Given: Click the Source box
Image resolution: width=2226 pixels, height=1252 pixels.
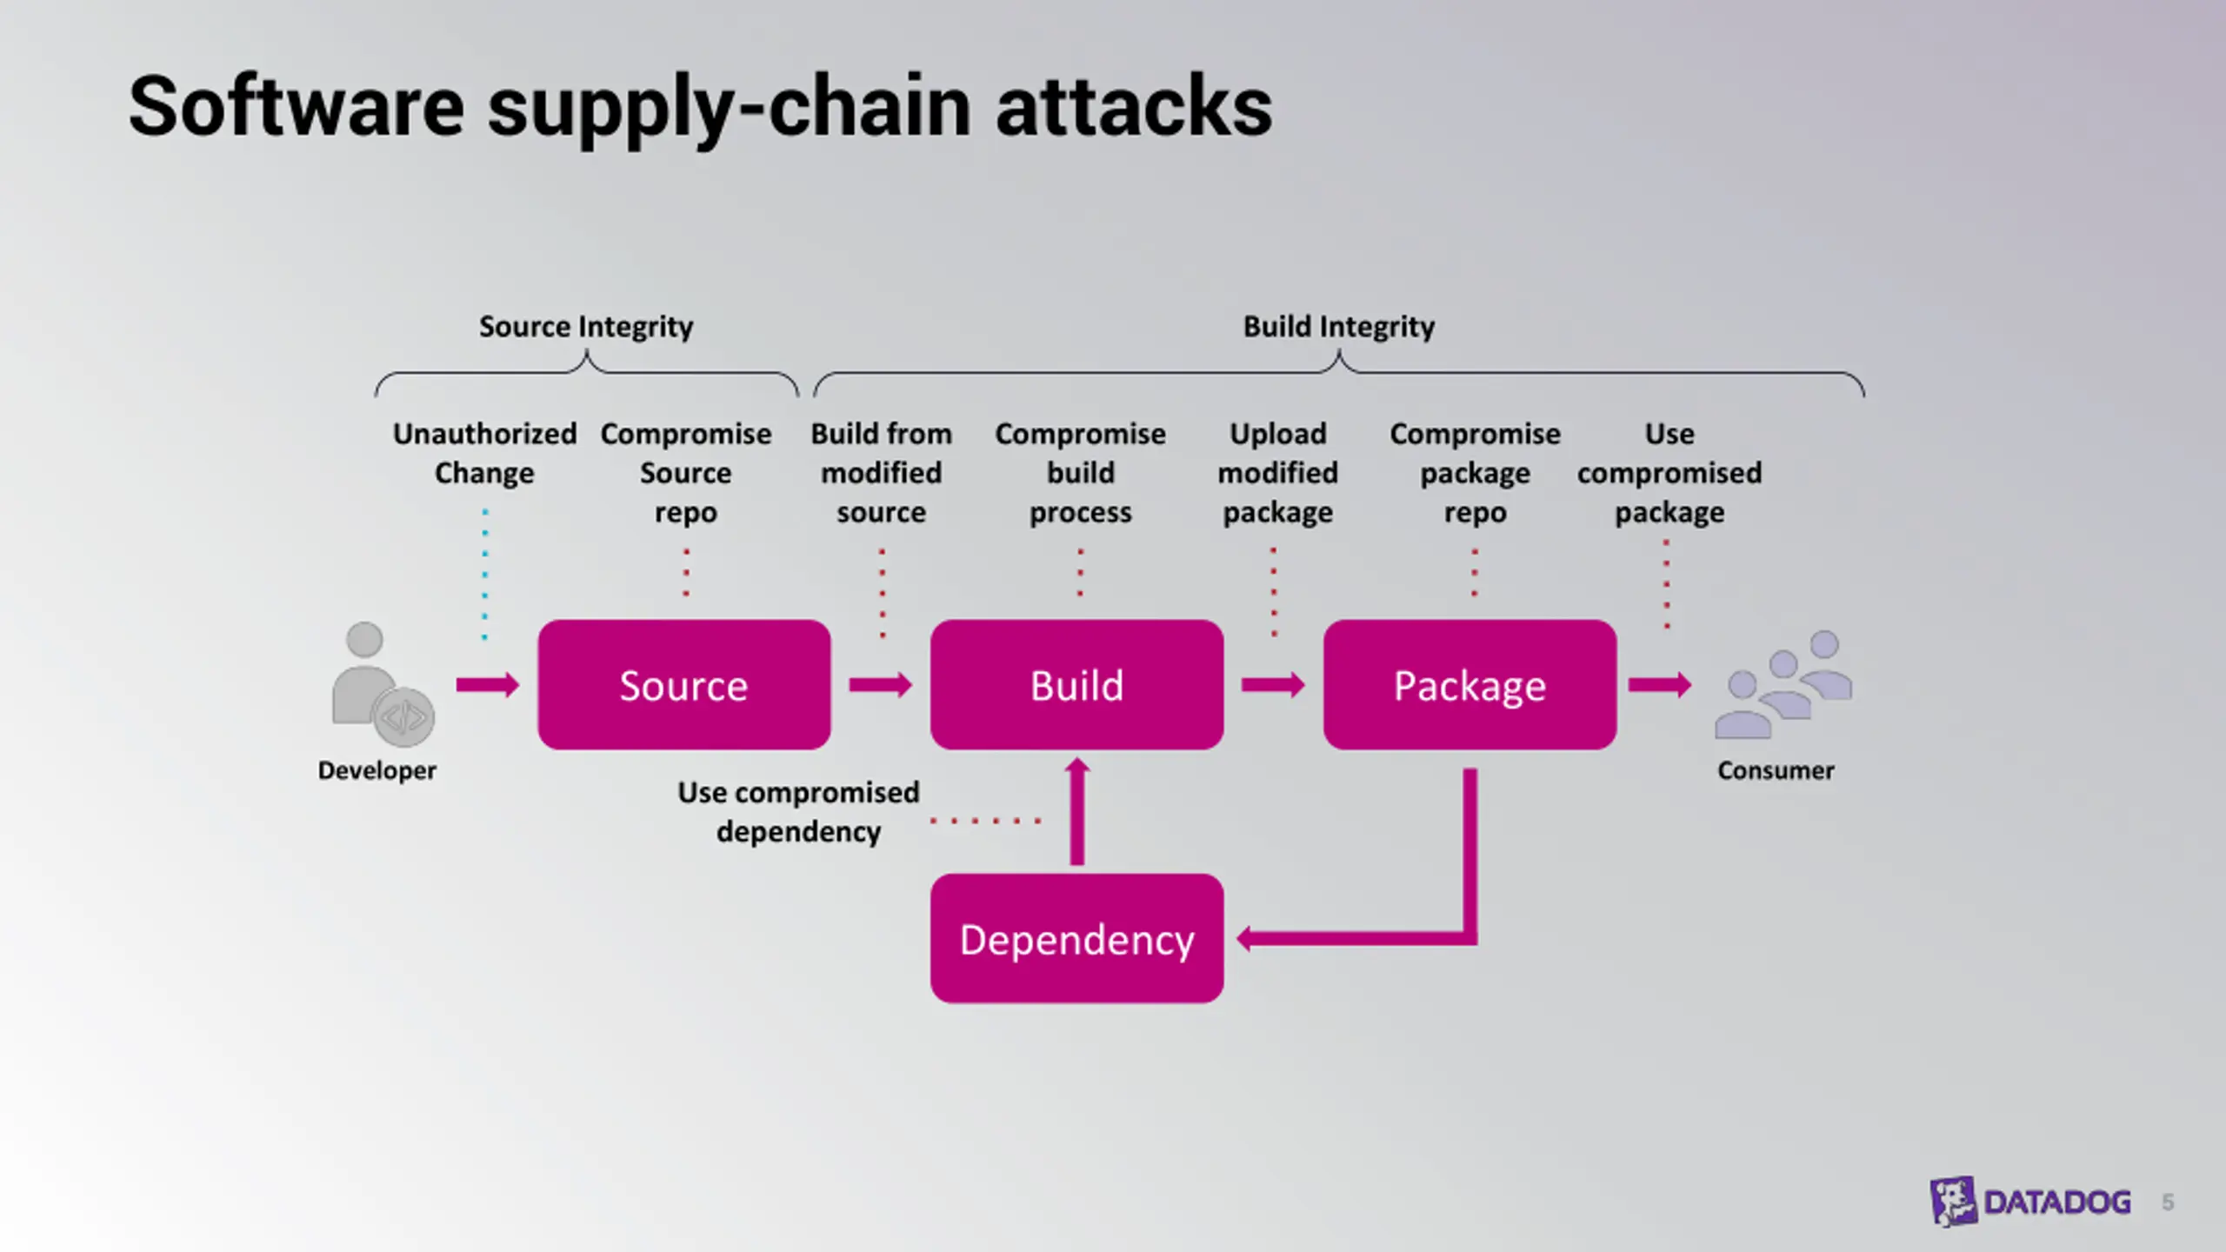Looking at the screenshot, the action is point(684,685).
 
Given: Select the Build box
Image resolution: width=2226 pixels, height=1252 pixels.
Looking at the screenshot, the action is point(1076,685).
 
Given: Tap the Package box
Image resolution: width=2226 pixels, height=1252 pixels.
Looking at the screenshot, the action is point(1470,685).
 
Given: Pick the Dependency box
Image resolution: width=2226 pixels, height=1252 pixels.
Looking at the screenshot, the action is point(1076,939).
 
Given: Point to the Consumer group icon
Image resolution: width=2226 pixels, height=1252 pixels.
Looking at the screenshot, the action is point(1783,685).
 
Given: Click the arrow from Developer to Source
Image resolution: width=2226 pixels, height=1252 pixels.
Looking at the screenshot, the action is point(488,685).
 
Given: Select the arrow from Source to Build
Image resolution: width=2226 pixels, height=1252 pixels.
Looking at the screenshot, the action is point(880,685).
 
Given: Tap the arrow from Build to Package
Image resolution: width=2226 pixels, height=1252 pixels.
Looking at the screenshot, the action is point(1273,685).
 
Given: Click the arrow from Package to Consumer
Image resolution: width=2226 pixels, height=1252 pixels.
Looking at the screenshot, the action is point(1660,685).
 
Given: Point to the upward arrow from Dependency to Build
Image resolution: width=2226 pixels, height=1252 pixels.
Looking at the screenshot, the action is point(1077,811).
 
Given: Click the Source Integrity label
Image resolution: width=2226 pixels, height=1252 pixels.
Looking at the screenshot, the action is point(586,327).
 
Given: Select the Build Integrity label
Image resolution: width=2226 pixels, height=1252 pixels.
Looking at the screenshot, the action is point(1339,327).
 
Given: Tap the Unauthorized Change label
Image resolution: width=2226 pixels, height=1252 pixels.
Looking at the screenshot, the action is point(484,453).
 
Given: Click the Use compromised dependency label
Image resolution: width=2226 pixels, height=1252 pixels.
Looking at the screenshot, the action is point(798,812).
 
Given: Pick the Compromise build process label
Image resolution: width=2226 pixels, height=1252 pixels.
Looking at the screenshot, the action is point(1080,473).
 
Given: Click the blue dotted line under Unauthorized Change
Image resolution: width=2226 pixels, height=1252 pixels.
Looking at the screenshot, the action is point(485,575).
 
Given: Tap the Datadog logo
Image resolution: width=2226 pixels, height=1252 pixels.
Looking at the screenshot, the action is point(2030,1202).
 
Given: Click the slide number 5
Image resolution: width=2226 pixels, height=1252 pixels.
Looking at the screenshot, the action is point(2168,1202).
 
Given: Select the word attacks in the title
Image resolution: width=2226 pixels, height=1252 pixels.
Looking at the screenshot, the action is point(1134,107).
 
